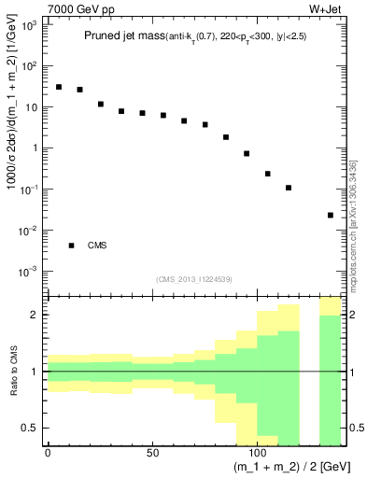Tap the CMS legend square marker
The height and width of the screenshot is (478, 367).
tap(71, 246)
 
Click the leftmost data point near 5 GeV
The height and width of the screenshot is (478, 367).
tap(58, 87)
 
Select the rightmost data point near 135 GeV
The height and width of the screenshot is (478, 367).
tap(331, 215)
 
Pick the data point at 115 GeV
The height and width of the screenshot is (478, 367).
tap(289, 188)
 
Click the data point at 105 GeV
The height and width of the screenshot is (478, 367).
tap(268, 174)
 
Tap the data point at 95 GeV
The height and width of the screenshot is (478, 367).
tap(247, 153)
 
